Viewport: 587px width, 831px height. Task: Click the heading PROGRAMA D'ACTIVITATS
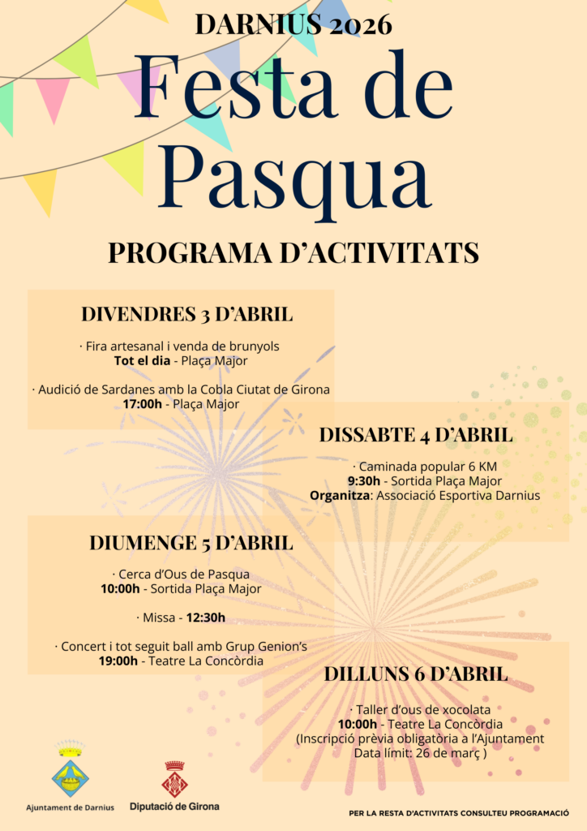click(x=293, y=253)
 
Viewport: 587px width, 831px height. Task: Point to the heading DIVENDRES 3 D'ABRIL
click(x=186, y=314)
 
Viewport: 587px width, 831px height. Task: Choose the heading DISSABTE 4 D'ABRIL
click(x=415, y=434)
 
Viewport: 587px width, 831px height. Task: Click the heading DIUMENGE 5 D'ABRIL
click(x=191, y=542)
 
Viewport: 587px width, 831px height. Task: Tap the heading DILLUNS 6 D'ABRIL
click(x=416, y=674)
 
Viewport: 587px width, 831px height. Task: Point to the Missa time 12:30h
click(x=206, y=618)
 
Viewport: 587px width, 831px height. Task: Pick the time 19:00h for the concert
click(x=118, y=661)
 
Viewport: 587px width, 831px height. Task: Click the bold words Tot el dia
click(x=143, y=360)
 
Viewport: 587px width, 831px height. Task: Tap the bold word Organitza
click(x=339, y=495)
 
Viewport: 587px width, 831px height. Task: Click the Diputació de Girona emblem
click(x=174, y=781)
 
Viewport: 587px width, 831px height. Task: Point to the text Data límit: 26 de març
click(x=420, y=752)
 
